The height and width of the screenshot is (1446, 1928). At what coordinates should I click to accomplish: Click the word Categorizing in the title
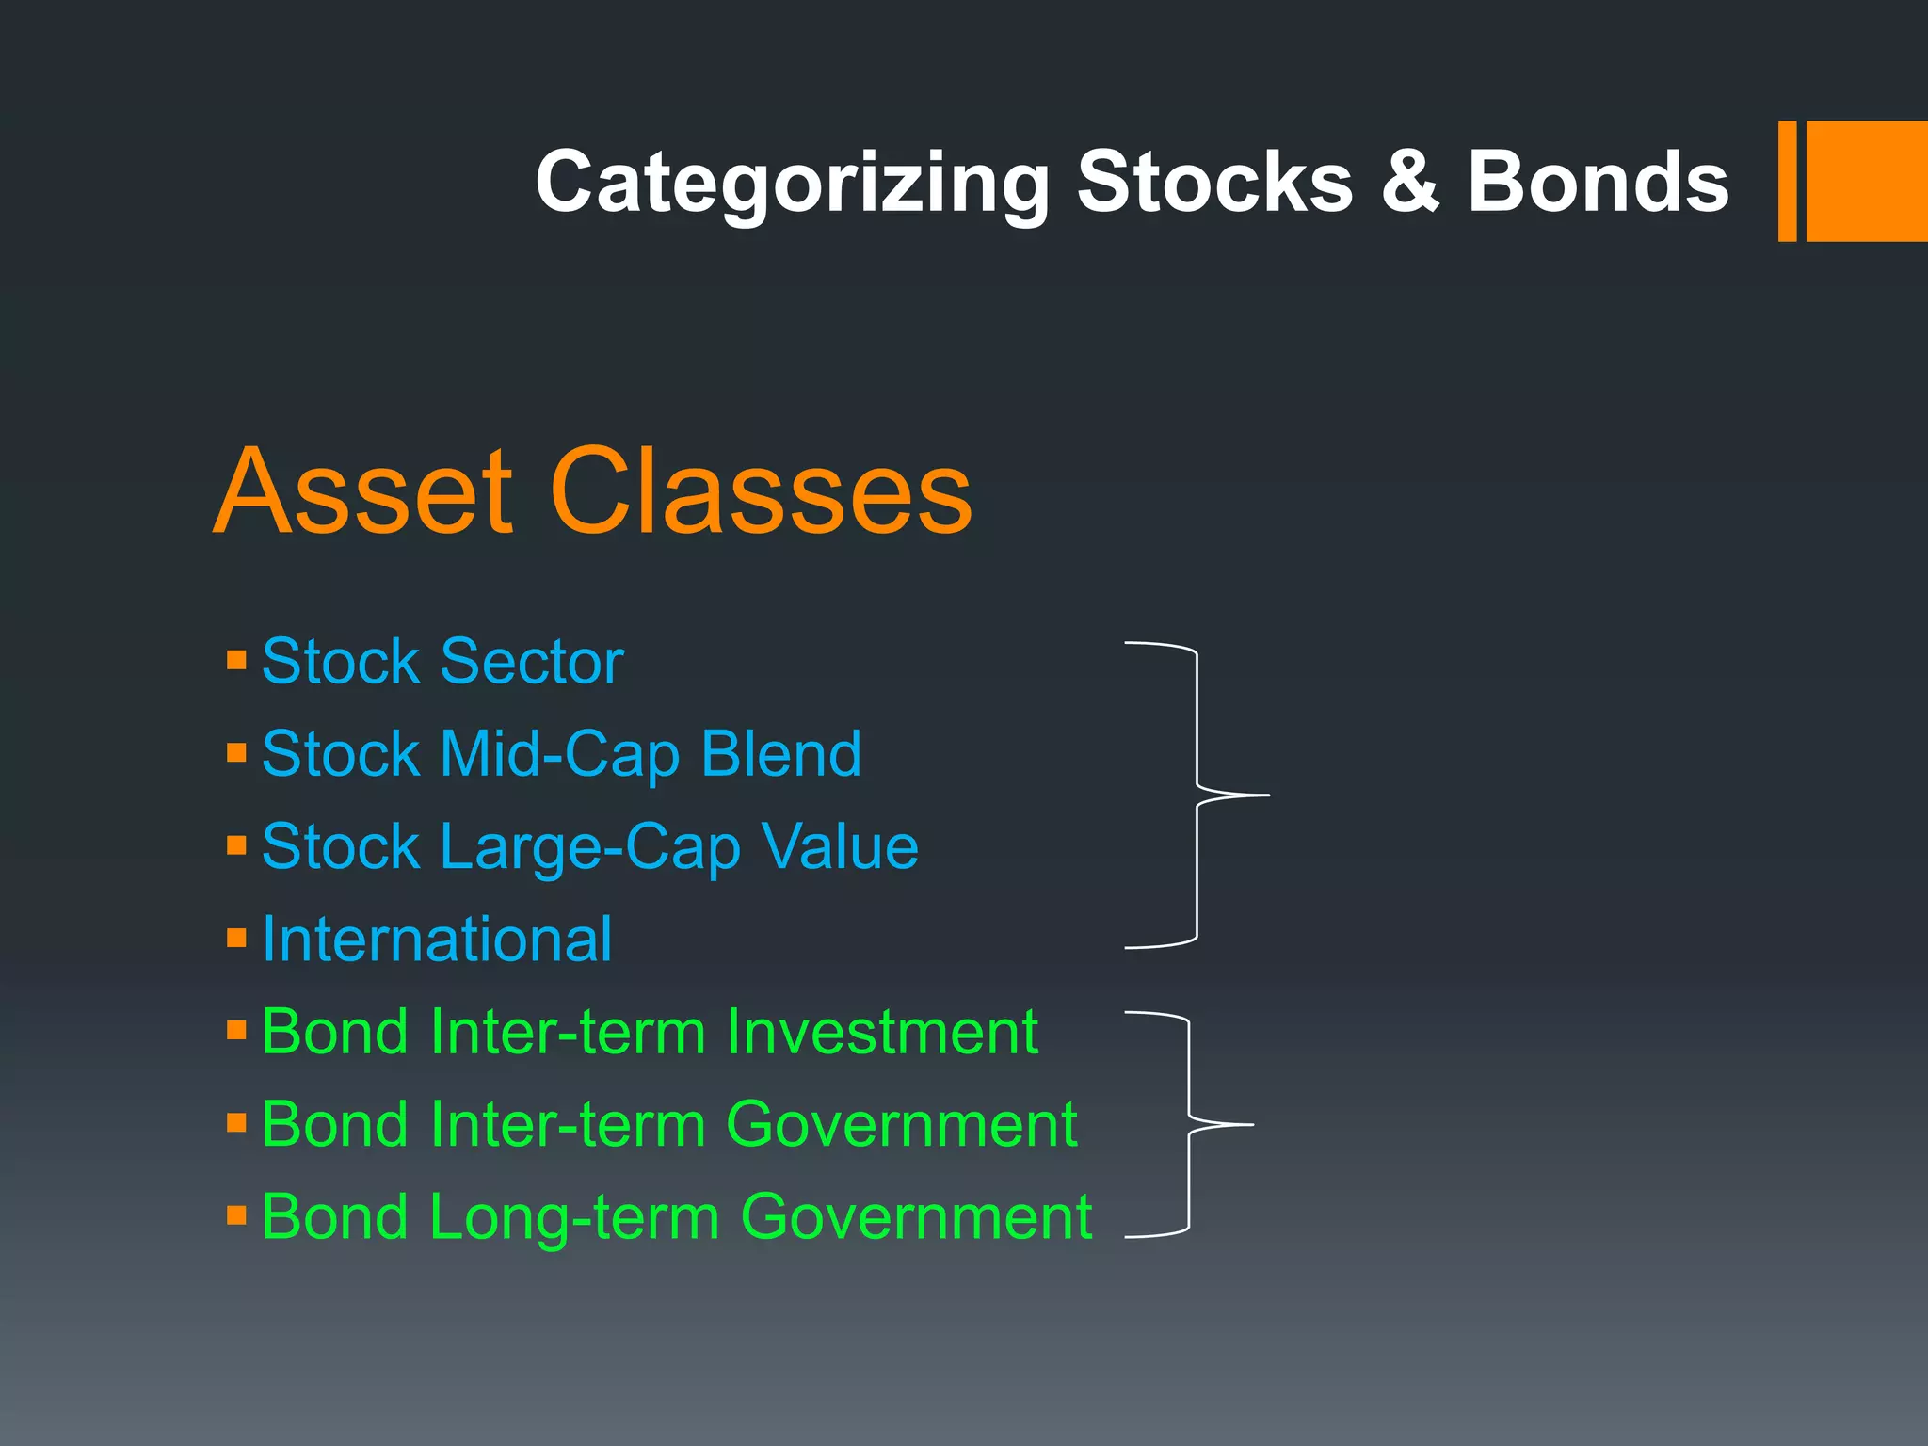793,183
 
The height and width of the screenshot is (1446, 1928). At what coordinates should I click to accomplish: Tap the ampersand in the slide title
1410,181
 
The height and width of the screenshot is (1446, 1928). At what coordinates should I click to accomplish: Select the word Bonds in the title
1598,181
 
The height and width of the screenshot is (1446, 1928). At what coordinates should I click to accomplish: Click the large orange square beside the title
1866,181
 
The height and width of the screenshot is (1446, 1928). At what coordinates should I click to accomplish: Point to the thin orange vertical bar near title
1787,181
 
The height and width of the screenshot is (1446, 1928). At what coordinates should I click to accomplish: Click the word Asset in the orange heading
363,491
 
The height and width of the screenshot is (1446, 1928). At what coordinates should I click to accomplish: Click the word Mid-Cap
560,753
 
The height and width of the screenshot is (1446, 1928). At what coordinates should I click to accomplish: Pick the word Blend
781,753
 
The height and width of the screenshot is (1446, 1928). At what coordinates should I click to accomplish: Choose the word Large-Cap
590,846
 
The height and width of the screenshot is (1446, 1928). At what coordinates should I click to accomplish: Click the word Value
840,846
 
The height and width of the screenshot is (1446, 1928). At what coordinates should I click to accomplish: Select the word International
437,939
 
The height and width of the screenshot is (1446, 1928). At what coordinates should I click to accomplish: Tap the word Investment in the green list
882,1032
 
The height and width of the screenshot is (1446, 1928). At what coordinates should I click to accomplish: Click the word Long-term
575,1216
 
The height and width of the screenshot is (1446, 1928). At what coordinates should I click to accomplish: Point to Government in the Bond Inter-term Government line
901,1124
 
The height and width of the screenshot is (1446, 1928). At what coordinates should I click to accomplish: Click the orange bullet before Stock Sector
236,659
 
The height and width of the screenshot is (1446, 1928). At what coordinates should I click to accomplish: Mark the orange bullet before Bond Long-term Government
236,1214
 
